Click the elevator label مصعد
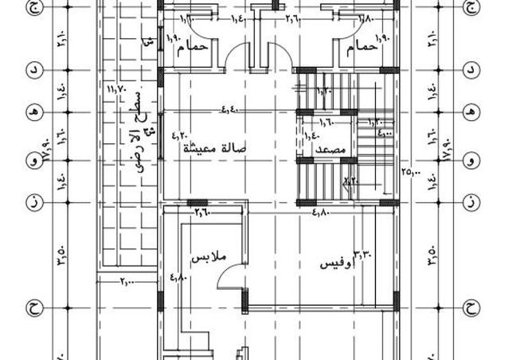coord(330,149)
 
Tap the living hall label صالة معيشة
coord(216,148)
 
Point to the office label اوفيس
coord(336,264)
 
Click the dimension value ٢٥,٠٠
coord(411,171)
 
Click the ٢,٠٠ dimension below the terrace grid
coord(127,282)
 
